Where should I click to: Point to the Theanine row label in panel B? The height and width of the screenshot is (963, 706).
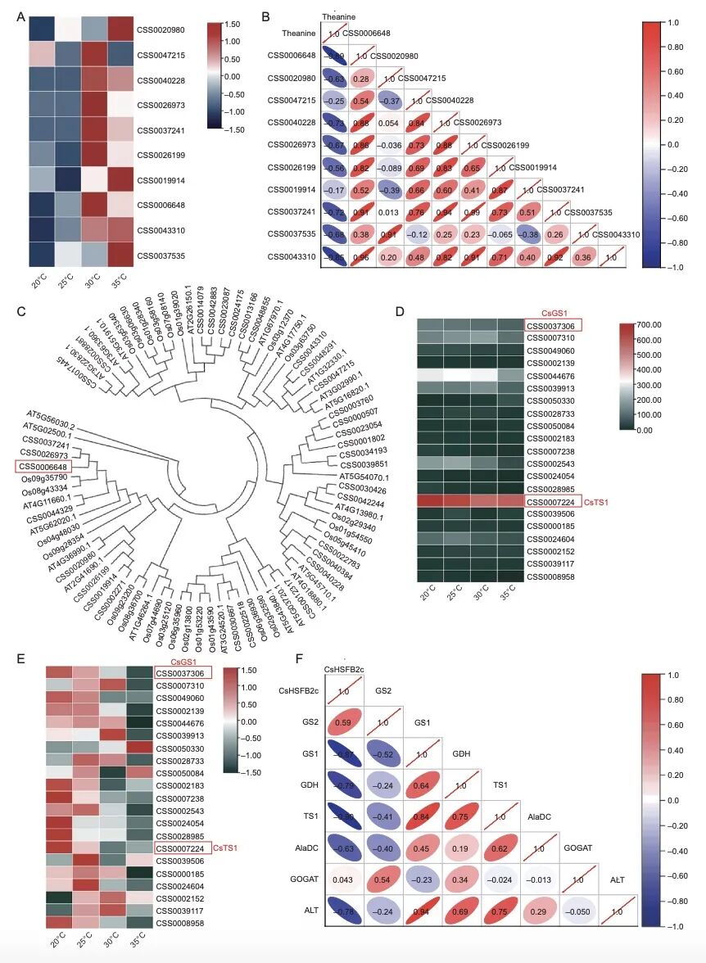(282, 34)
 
